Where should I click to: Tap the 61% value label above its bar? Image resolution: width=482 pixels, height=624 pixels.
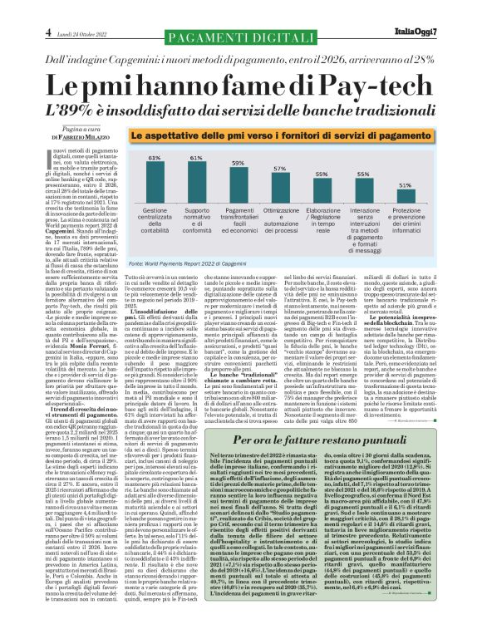(196, 156)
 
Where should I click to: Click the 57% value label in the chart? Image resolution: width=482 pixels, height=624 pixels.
(279, 167)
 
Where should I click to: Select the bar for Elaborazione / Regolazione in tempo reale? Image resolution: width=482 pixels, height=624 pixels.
(320, 190)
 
